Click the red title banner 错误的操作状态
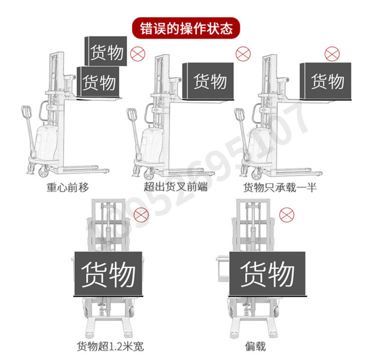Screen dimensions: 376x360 (x=186, y=28)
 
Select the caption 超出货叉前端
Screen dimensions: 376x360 (x=175, y=188)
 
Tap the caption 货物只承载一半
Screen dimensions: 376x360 (x=280, y=188)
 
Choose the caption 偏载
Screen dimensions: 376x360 (x=256, y=346)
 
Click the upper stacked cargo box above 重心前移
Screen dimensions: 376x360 (x=106, y=51)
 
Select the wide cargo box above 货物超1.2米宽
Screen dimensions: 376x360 (x=108, y=274)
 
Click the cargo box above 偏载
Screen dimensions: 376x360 (x=267, y=274)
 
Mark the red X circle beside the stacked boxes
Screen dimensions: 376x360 (x=136, y=54)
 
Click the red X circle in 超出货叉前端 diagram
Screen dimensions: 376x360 (x=243, y=53)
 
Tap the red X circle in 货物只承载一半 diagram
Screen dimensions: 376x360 (x=331, y=54)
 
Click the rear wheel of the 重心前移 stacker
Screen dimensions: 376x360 (x=44, y=171)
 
